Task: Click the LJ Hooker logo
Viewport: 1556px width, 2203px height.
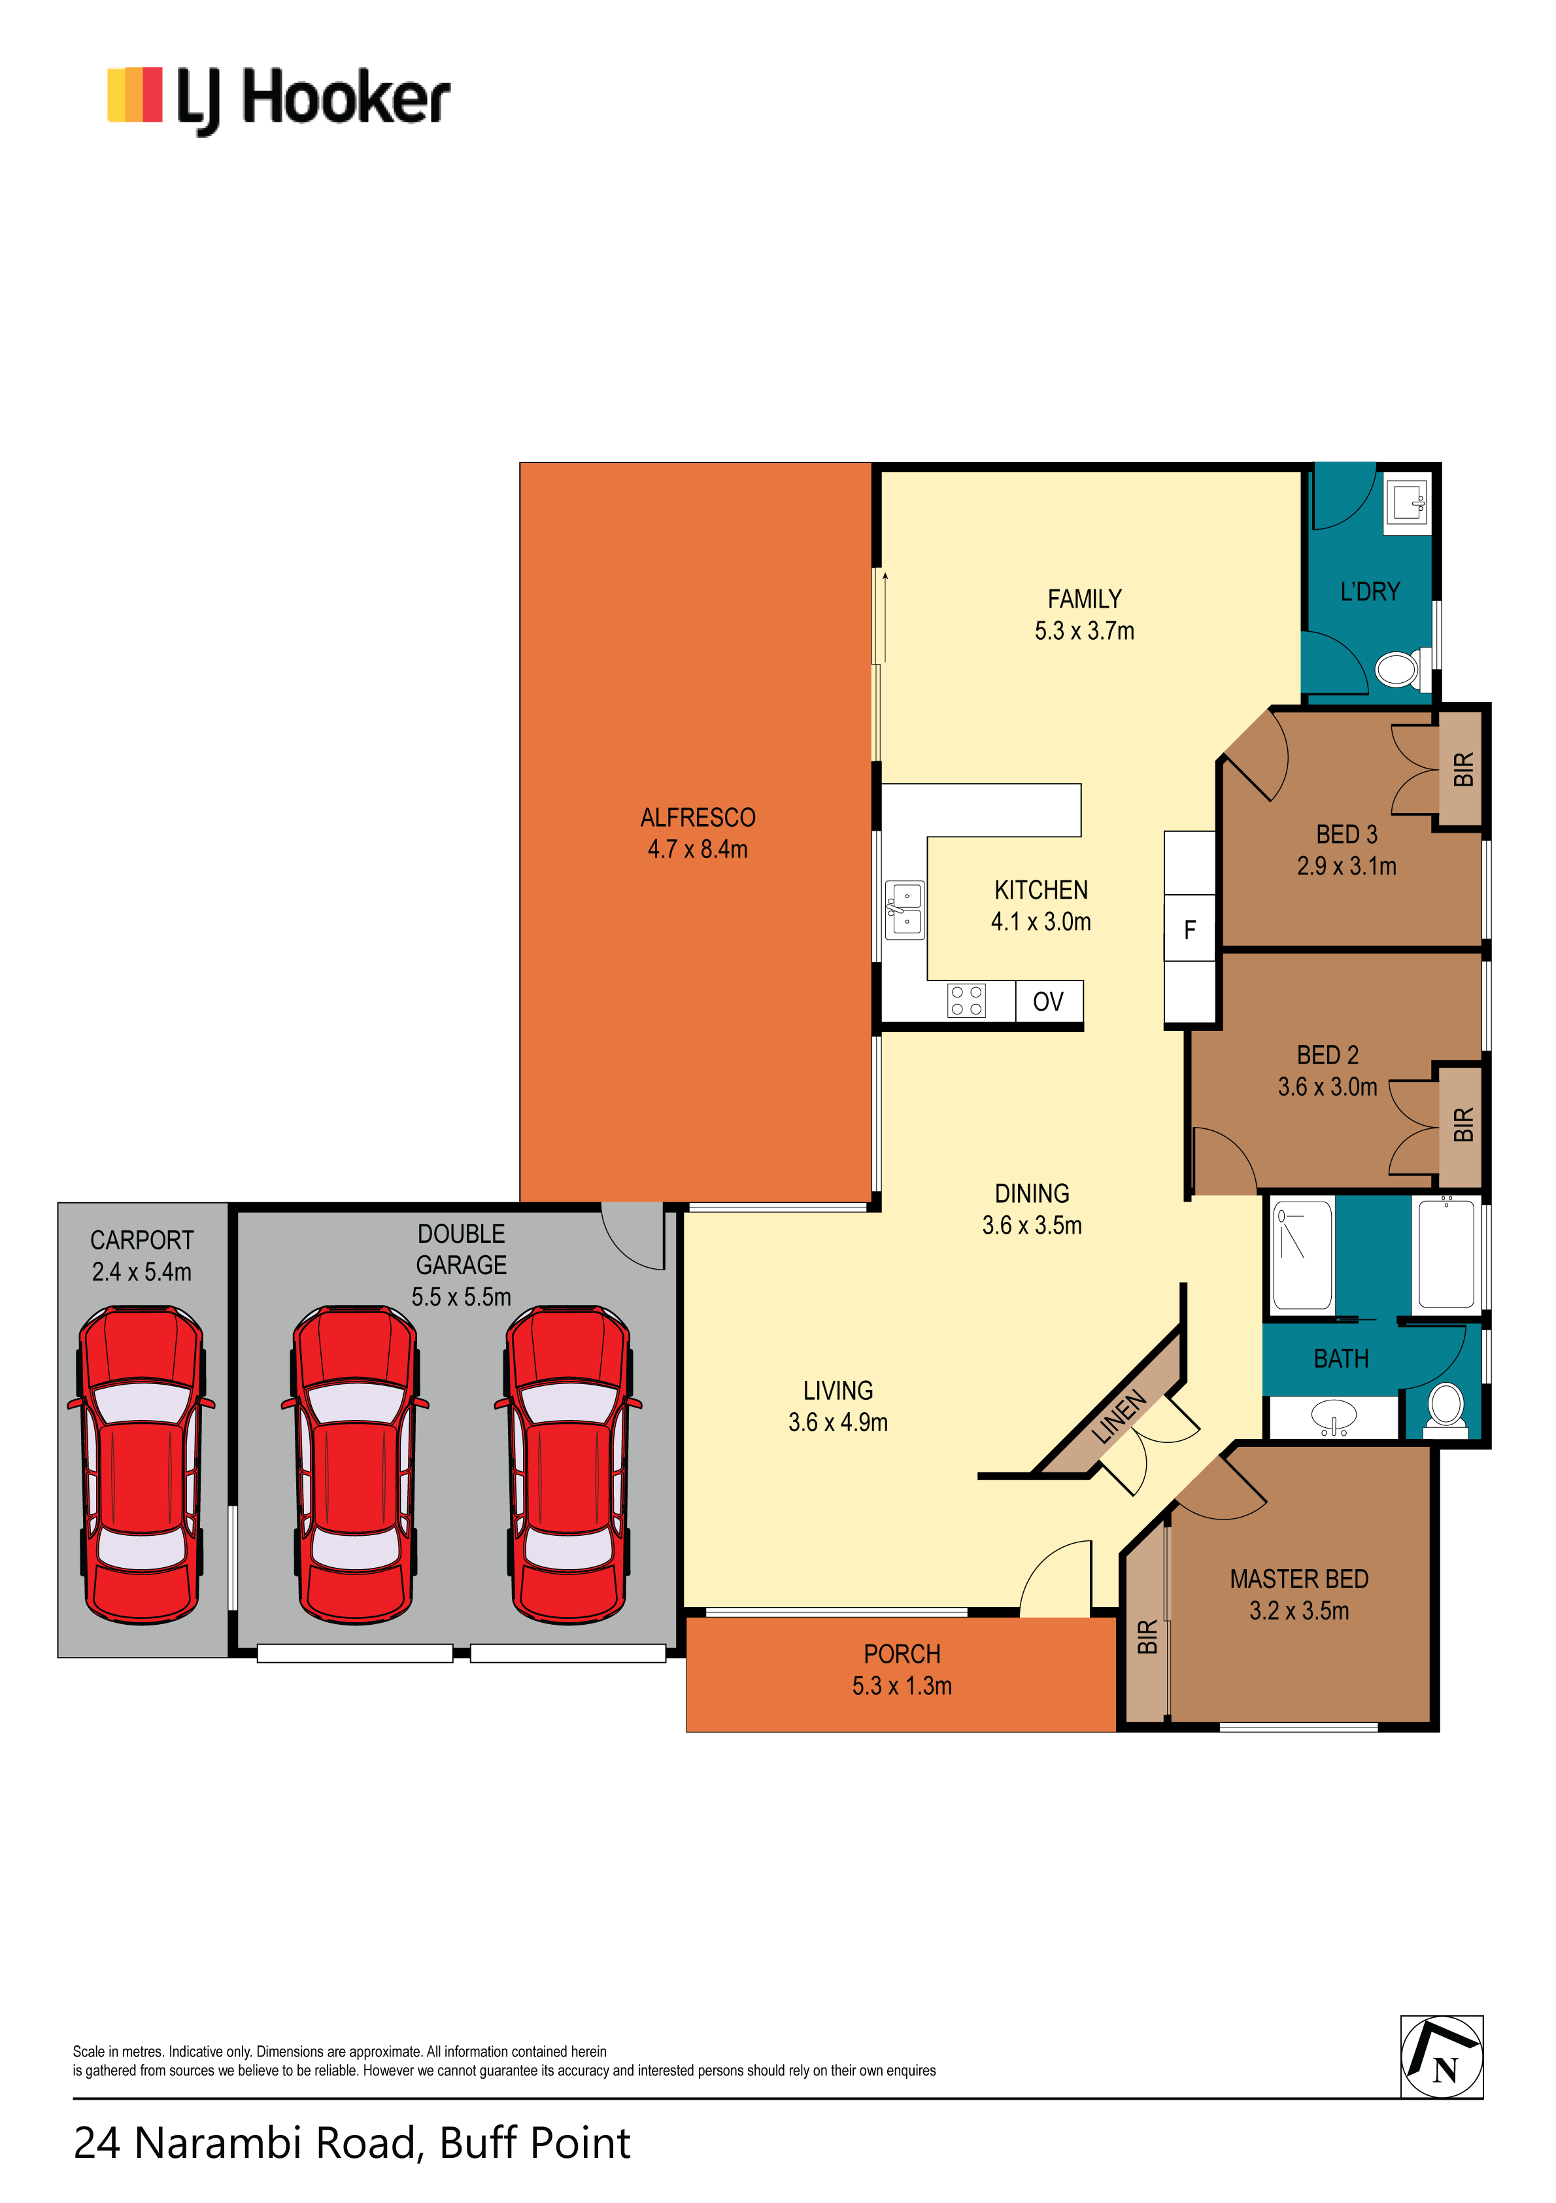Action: tap(279, 100)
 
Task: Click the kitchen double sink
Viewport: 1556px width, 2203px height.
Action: tap(905, 910)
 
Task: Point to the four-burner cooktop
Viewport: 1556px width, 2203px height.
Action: tap(966, 1001)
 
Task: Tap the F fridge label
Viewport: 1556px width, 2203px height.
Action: tap(1189, 929)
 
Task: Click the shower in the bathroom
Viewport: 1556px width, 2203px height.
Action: tap(1302, 1254)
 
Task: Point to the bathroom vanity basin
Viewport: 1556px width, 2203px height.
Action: tap(1334, 1416)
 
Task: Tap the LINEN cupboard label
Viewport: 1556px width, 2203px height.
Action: tap(1119, 1416)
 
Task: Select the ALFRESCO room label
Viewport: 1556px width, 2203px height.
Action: tap(698, 818)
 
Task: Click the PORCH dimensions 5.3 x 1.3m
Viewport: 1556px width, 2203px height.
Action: tap(902, 1686)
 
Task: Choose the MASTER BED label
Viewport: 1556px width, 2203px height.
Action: tap(1299, 1580)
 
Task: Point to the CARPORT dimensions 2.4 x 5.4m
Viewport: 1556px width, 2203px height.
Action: tap(142, 1272)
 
